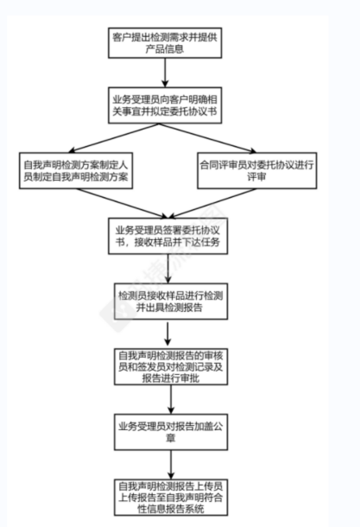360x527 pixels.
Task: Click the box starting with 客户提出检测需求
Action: [x=165, y=43]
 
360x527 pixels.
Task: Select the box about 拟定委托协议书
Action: [x=165, y=105]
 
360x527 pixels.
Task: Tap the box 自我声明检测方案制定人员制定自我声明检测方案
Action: [x=76, y=170]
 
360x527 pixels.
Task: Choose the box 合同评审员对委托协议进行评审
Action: [x=257, y=170]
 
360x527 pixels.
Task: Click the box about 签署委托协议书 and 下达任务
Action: [x=167, y=236]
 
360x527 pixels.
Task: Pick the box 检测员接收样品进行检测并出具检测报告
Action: [x=171, y=302]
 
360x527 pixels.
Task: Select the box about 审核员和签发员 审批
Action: [x=171, y=366]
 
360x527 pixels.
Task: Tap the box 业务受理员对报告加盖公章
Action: [x=171, y=432]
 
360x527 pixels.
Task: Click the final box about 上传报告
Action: [x=171, y=498]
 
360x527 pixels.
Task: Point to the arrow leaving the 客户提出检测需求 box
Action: [x=165, y=73]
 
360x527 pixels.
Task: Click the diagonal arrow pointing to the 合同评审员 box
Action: [x=207, y=138]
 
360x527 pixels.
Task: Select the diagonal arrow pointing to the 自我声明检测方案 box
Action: [x=113, y=138]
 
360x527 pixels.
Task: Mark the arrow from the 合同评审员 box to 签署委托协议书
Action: [x=212, y=203]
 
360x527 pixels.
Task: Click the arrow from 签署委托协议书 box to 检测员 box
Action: [x=167, y=269]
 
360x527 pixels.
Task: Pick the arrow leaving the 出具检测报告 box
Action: [x=167, y=333]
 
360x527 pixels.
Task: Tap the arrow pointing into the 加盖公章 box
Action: [x=171, y=399]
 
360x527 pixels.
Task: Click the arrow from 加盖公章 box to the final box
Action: [x=171, y=465]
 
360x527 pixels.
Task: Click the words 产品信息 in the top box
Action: [x=165, y=49]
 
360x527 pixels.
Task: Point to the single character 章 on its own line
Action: [x=171, y=438]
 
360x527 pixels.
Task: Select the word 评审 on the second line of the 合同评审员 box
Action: [x=257, y=176]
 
